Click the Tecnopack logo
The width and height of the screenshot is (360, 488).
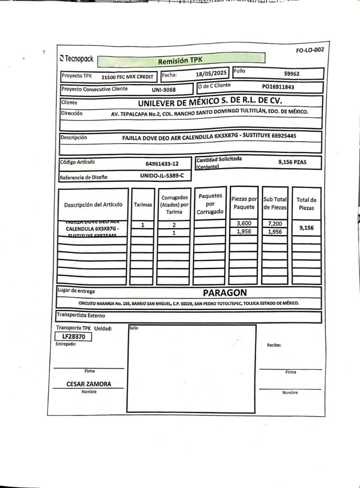77,58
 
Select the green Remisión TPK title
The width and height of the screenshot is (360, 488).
181,60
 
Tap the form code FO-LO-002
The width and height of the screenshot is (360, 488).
310,50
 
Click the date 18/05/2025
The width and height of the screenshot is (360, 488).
211,73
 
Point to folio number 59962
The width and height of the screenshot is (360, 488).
292,74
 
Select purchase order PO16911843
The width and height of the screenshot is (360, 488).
278,86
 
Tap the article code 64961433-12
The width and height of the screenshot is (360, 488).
162,164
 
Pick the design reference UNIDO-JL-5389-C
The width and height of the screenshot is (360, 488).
162,176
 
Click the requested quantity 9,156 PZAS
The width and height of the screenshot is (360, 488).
292,162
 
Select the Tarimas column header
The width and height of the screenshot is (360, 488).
143,205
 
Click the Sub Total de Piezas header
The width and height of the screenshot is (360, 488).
275,203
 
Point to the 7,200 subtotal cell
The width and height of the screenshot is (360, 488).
275,224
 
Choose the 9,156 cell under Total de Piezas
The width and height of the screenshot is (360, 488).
306,228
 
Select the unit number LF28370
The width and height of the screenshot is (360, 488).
73,337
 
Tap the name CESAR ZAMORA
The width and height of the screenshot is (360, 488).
89,384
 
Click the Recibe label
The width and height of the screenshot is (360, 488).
274,345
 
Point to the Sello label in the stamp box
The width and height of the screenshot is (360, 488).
134,328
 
